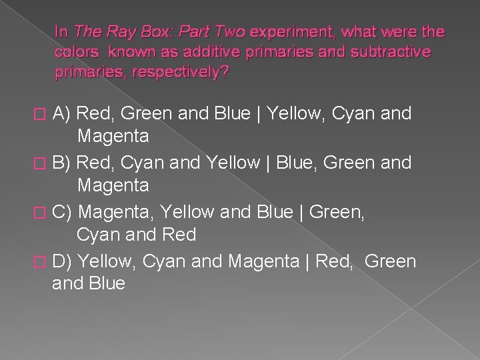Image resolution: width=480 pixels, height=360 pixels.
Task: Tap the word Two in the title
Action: tap(228, 31)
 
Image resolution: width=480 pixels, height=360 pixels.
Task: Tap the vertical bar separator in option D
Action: tap(307, 261)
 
